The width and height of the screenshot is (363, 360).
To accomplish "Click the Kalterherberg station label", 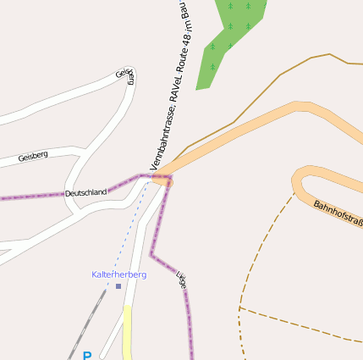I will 118,275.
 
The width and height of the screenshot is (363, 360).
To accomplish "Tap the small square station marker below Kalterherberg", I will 118,286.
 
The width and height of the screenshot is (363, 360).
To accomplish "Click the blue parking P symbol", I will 86,356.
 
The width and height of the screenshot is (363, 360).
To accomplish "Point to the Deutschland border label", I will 86,193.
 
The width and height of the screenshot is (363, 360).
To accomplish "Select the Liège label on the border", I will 181,280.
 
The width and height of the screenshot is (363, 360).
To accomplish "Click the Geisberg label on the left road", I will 33,156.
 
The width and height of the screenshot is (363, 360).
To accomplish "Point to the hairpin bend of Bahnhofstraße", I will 298,180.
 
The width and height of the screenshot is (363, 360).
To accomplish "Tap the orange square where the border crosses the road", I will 162,180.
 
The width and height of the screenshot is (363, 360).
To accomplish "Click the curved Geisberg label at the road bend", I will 125,76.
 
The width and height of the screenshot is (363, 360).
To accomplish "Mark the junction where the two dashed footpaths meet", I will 240,307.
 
